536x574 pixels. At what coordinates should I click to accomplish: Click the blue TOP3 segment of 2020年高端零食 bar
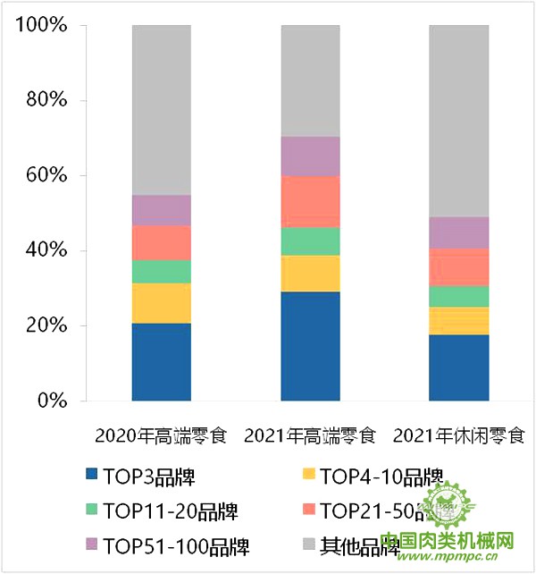point(162,361)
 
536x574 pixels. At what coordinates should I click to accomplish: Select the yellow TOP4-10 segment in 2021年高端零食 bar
point(310,274)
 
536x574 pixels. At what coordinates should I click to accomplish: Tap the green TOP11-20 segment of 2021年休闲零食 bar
point(459,297)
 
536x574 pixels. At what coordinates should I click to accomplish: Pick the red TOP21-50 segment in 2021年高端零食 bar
point(310,202)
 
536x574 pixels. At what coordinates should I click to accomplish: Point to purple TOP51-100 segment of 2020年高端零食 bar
point(162,210)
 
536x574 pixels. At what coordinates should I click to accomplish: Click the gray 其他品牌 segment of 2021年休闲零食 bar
point(459,121)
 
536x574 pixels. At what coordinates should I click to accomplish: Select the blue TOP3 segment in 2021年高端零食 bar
point(310,346)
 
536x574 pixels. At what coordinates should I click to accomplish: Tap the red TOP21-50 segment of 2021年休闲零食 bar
point(459,267)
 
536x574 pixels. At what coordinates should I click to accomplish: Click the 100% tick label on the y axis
point(41,25)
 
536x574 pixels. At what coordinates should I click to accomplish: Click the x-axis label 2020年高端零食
point(162,437)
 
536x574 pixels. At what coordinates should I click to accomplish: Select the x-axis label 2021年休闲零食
point(459,437)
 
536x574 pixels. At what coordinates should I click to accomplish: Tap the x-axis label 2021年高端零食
point(310,437)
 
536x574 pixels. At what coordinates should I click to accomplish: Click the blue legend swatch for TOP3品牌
point(91,477)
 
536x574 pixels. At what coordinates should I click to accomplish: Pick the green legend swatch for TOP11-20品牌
point(91,511)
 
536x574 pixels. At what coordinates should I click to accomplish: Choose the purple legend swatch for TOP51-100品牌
point(91,544)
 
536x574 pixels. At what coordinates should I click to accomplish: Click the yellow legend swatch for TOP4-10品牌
point(308,477)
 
